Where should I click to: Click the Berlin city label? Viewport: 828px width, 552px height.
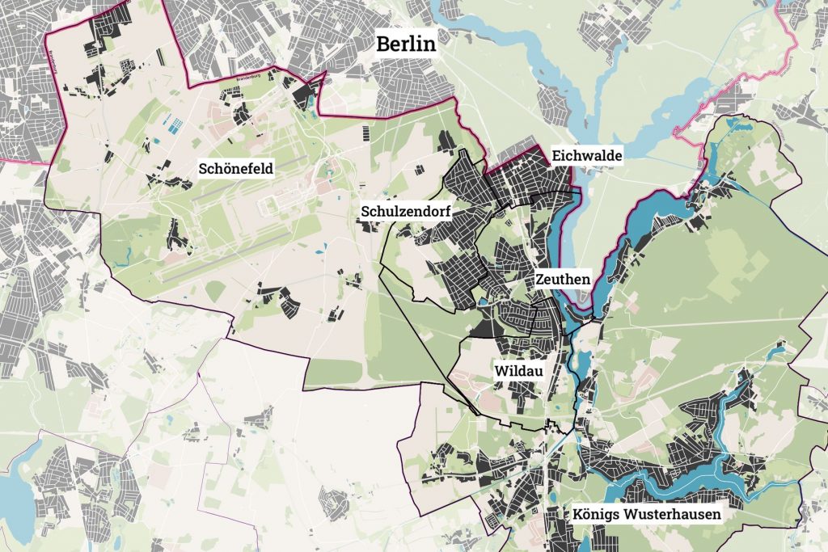click(406, 44)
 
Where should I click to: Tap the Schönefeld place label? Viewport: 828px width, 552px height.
click(236, 168)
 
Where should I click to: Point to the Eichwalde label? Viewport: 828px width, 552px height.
click(586, 155)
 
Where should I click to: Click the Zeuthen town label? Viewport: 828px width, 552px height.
click(562, 279)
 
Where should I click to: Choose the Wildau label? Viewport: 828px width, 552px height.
click(517, 371)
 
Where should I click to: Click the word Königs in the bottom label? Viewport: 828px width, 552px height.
click(598, 513)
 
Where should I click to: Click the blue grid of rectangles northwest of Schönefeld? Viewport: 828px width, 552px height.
click(175, 124)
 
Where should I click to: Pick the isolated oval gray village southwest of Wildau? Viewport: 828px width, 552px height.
click(333, 503)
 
